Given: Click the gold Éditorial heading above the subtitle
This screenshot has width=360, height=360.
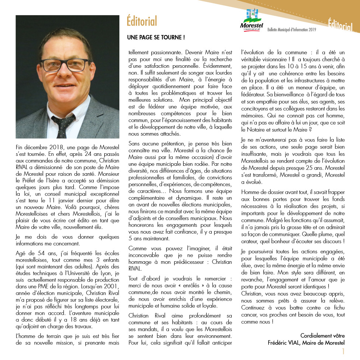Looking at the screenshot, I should click(x=142, y=21).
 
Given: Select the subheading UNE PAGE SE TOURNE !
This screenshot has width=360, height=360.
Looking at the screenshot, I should click(x=155, y=38).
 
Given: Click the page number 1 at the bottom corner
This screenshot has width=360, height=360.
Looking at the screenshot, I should click(x=343, y=351).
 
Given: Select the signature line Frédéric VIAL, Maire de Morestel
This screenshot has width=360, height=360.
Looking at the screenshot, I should click(x=306, y=342).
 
